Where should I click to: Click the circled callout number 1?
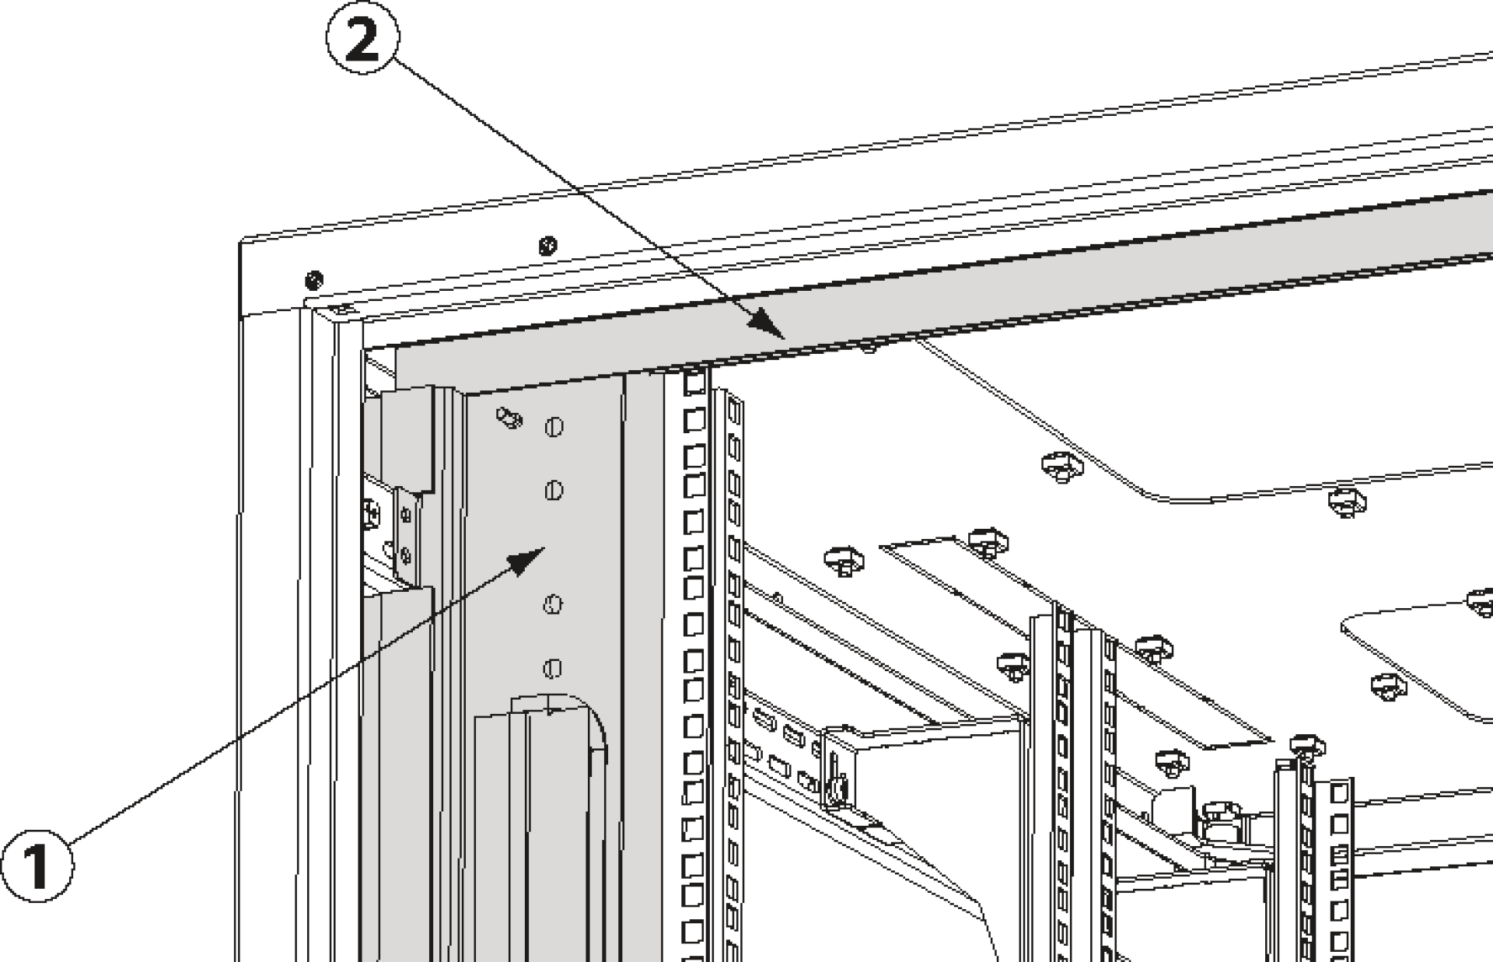tap(37, 865)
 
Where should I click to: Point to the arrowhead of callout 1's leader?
tap(532, 556)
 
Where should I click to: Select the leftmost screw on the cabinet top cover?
tap(314, 278)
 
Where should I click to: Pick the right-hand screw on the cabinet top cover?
tap(547, 246)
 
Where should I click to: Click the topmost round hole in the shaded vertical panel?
tap(554, 427)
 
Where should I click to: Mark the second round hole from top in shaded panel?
tap(553, 490)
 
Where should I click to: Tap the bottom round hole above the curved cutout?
tap(552, 668)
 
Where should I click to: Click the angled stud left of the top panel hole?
tap(509, 418)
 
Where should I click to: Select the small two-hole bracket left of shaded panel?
tap(405, 533)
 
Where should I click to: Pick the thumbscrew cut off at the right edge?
tap(1481, 601)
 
